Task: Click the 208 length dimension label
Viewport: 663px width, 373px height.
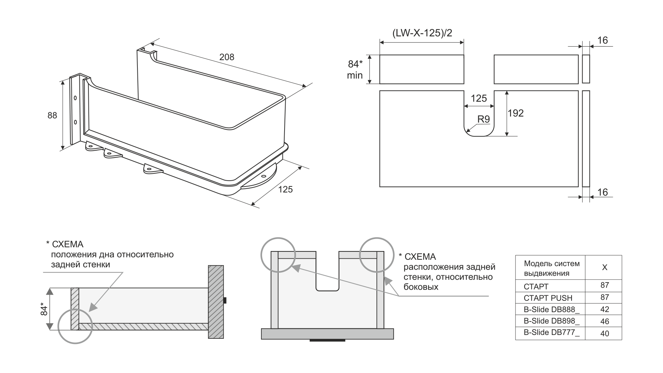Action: [x=227, y=57]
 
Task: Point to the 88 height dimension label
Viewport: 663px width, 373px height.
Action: [x=52, y=115]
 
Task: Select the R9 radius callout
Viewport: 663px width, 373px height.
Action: [x=483, y=119]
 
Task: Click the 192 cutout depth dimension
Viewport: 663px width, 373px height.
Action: [x=516, y=113]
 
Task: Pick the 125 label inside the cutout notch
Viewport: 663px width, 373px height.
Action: [x=479, y=98]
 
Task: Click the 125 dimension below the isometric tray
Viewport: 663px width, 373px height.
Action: [x=285, y=189]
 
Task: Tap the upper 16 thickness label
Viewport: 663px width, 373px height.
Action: [x=602, y=40]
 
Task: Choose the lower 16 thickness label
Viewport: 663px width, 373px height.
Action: [x=602, y=192]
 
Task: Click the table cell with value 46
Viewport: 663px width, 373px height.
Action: [x=605, y=322]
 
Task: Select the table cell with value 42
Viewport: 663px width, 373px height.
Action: [x=605, y=309]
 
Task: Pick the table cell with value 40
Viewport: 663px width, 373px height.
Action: [x=605, y=334]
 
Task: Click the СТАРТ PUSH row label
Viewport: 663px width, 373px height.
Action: [x=548, y=298]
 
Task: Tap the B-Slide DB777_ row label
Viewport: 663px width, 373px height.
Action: [x=551, y=333]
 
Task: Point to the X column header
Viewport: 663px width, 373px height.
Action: [x=605, y=268]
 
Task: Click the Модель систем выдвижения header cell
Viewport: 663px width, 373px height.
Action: [x=551, y=268]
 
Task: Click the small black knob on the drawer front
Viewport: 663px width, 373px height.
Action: [x=225, y=300]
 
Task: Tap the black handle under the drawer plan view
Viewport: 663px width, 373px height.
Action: [x=327, y=341]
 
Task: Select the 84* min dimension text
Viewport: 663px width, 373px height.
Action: [x=355, y=69]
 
